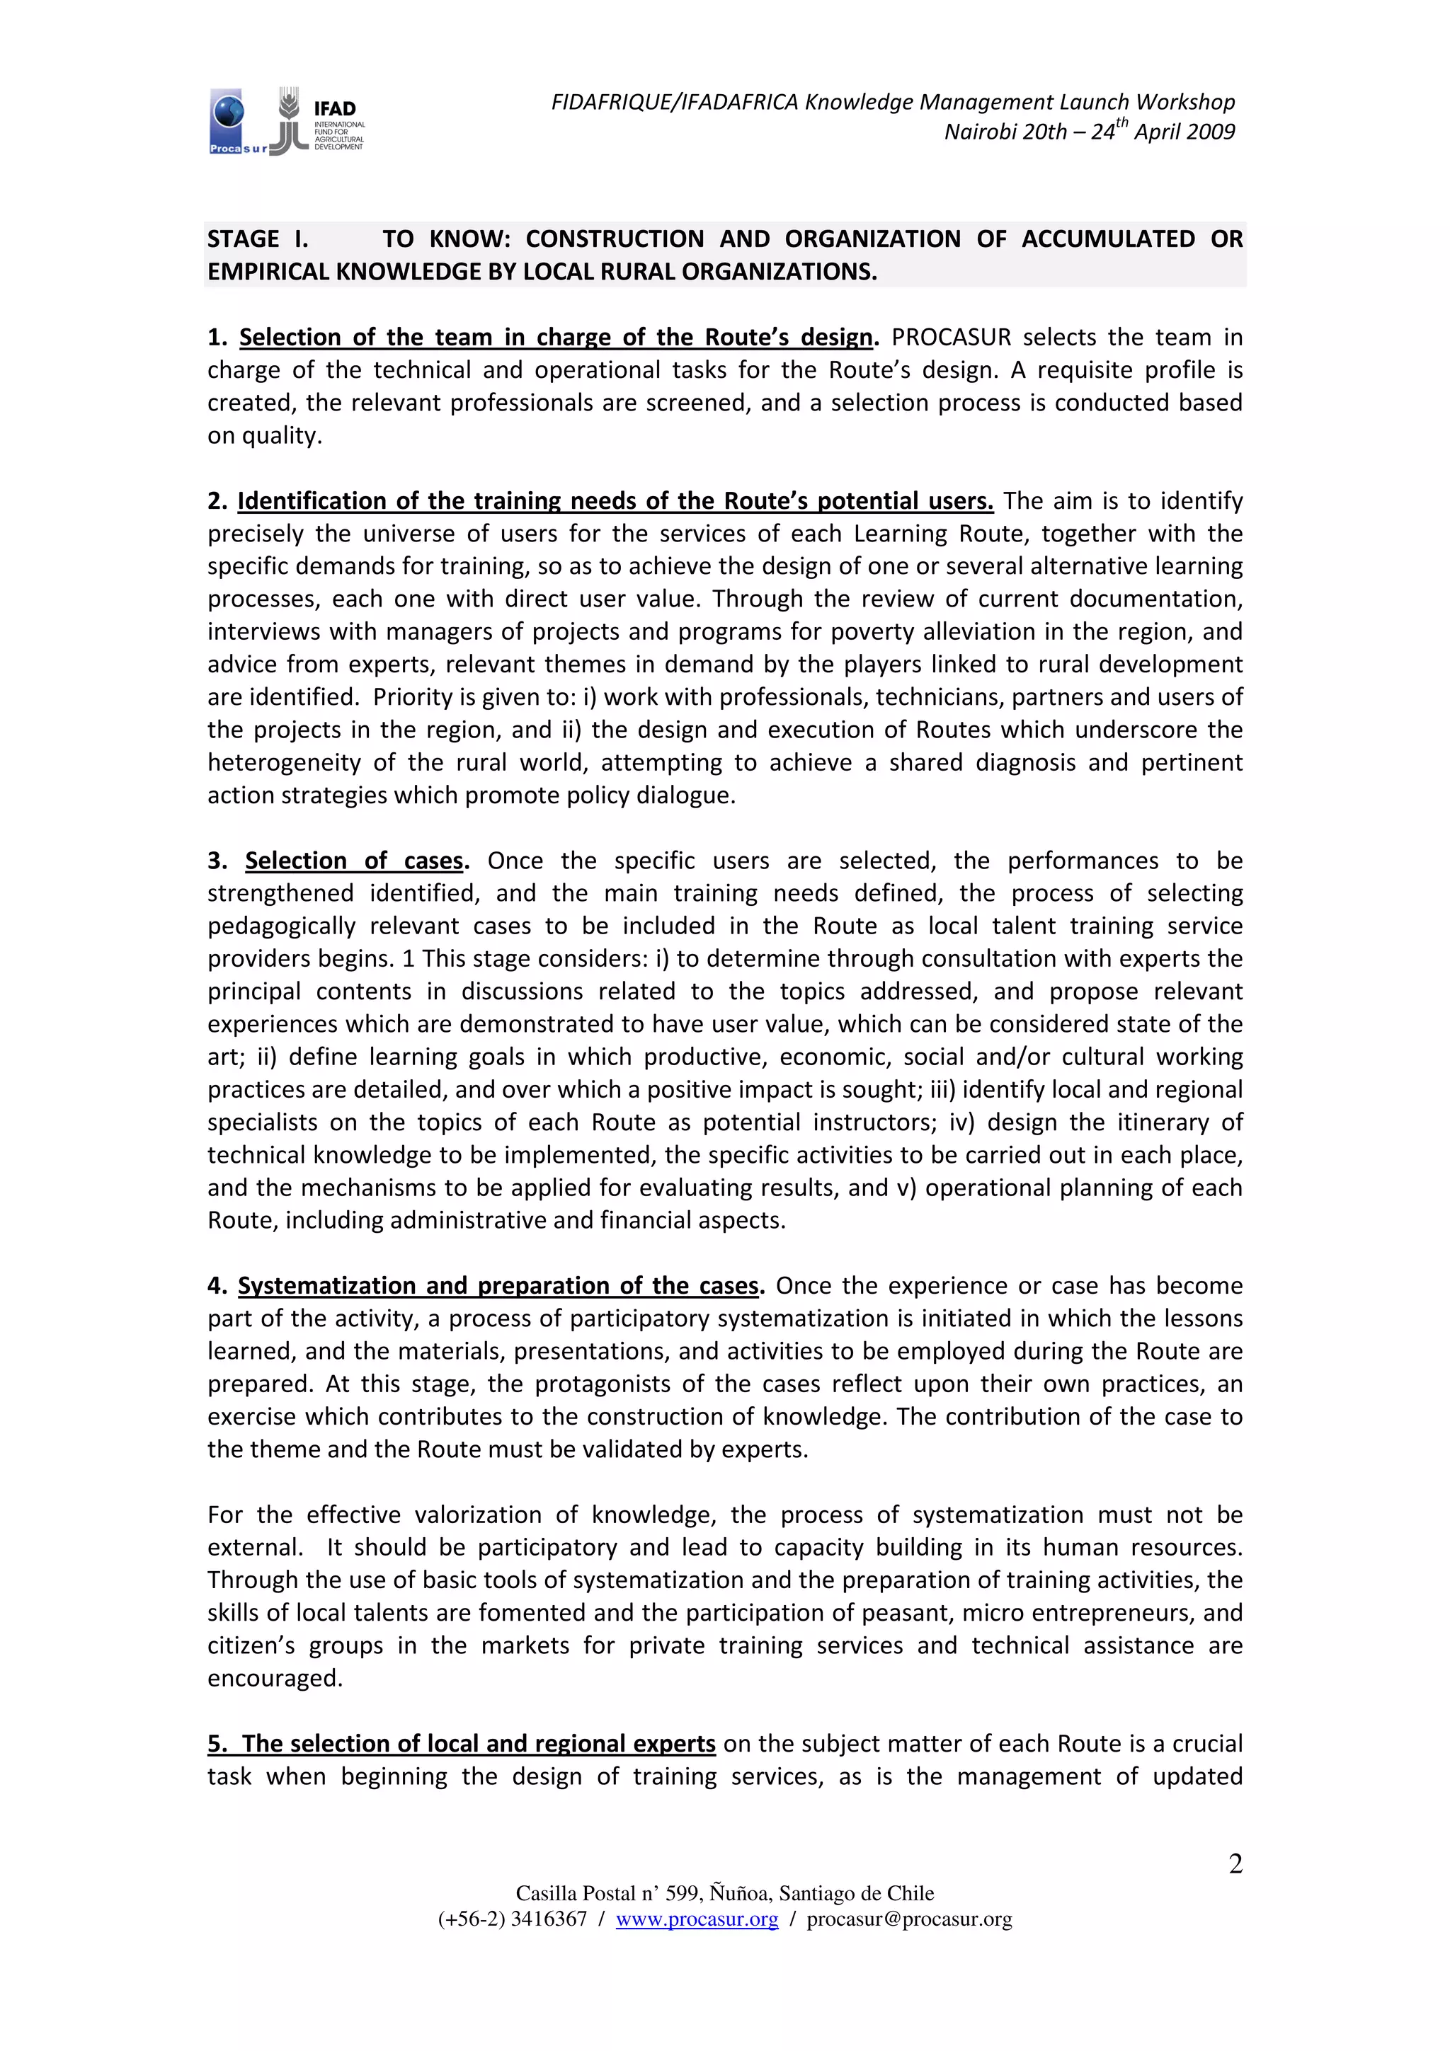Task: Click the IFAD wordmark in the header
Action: pyautogui.click(x=335, y=108)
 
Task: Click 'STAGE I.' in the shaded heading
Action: pyautogui.click(x=257, y=239)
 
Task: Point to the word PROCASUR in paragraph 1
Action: pyautogui.click(x=951, y=338)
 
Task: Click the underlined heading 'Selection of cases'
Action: pyautogui.click(x=355, y=861)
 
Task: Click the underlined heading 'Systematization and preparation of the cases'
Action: pyautogui.click(x=498, y=1287)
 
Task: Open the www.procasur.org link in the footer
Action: pyautogui.click(x=697, y=1919)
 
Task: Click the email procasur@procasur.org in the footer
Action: pyautogui.click(x=908, y=1919)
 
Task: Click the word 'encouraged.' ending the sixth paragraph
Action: pyautogui.click(x=274, y=1679)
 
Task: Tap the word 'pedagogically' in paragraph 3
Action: pyautogui.click(x=281, y=926)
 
